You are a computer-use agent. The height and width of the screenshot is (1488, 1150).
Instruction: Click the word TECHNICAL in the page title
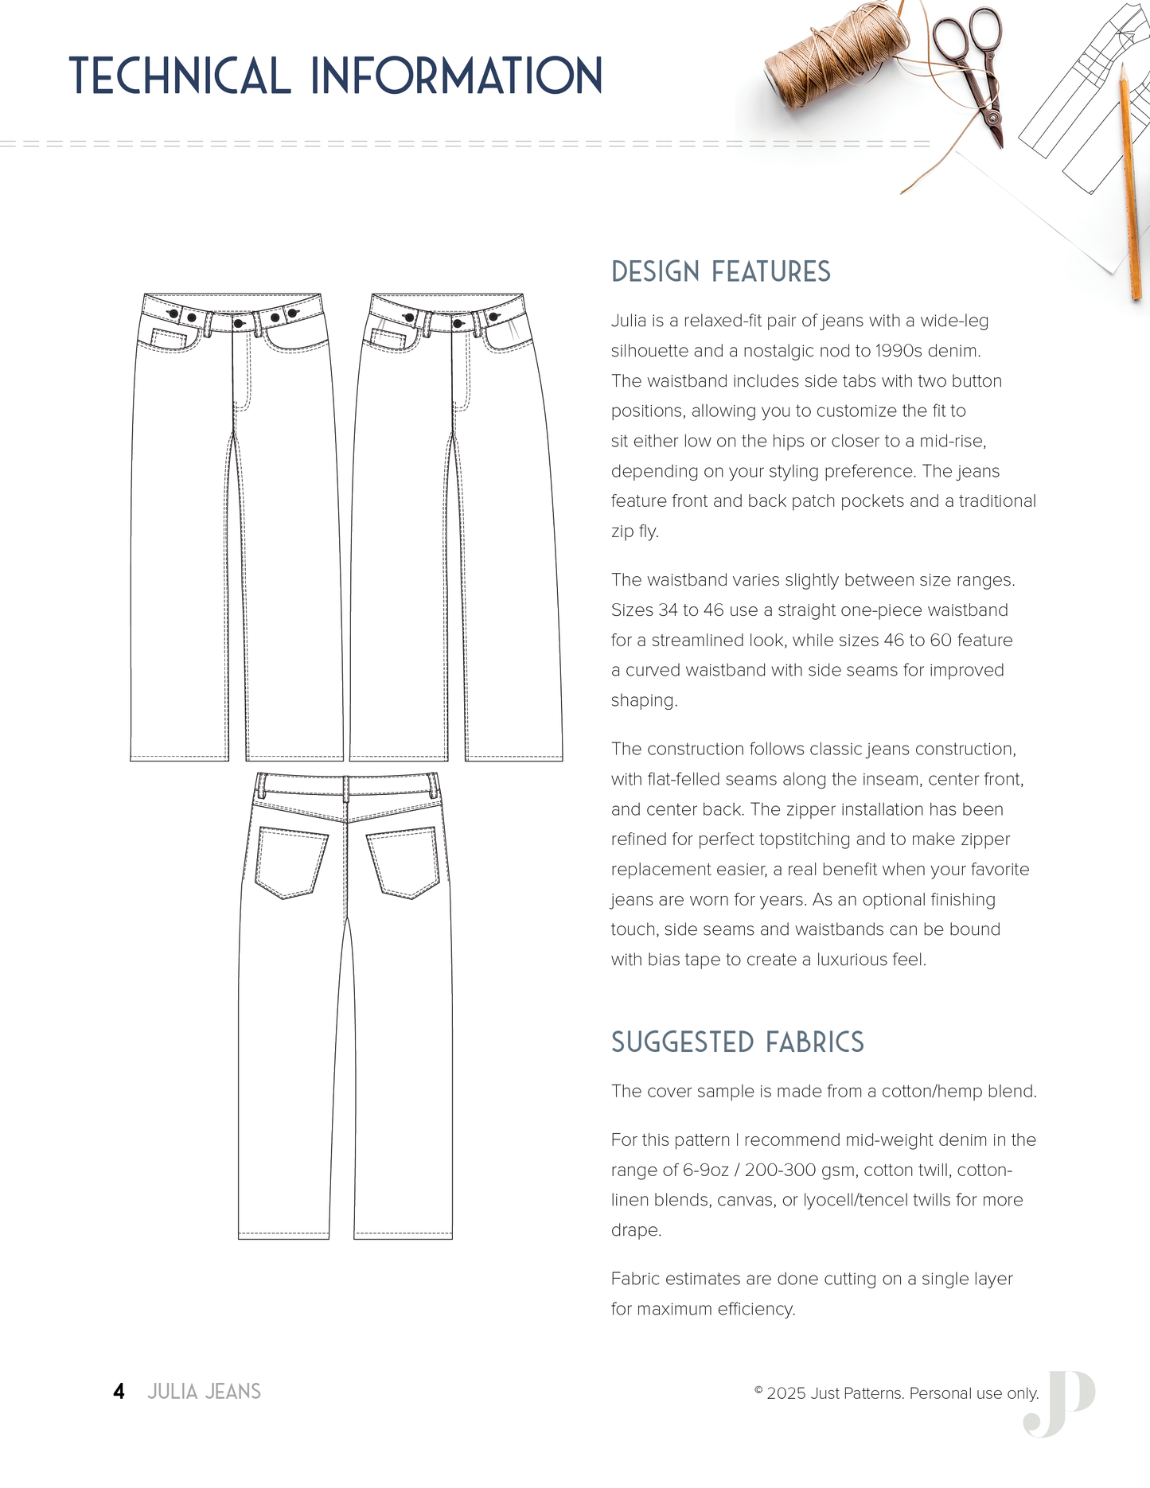[x=180, y=76]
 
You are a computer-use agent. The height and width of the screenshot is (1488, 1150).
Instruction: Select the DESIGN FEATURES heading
[x=720, y=272]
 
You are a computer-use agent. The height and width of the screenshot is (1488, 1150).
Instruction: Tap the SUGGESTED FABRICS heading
[x=737, y=1042]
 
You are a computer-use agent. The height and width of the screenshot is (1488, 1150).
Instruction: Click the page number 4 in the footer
[x=119, y=1391]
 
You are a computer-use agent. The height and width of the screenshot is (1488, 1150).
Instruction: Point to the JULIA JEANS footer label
[x=204, y=1391]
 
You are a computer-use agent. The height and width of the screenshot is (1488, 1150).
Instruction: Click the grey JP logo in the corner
[x=1060, y=1404]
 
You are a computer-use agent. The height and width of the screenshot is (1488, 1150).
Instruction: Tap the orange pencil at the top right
[x=1130, y=183]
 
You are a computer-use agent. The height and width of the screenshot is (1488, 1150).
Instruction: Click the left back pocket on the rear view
[x=291, y=862]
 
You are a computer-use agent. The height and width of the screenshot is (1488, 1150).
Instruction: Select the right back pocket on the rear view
[x=403, y=862]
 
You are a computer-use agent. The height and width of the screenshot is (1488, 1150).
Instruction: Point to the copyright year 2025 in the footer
[x=786, y=1393]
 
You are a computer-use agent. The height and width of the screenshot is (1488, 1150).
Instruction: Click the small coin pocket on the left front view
[x=168, y=338]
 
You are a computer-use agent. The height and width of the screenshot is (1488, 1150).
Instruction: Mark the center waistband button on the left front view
[x=238, y=324]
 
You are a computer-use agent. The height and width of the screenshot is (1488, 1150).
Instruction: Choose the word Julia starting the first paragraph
[x=628, y=321]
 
